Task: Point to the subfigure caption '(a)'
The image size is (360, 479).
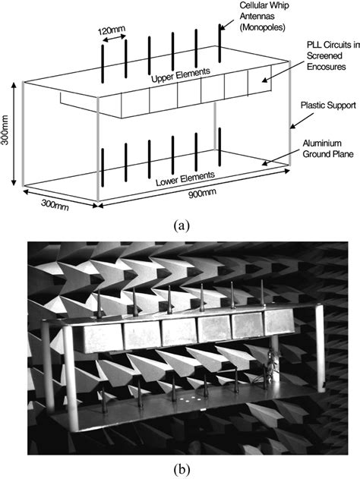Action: [x=181, y=225]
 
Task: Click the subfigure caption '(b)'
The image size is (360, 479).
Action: [x=181, y=467]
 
